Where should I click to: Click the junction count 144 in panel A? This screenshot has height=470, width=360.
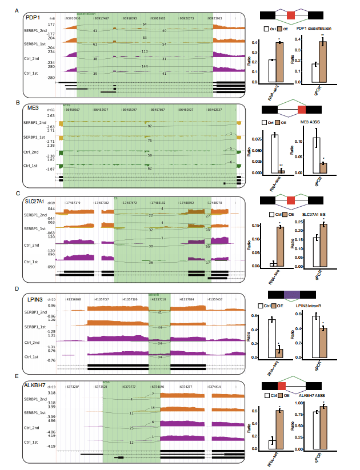click(x=145, y=67)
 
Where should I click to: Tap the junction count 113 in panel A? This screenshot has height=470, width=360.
click(x=145, y=51)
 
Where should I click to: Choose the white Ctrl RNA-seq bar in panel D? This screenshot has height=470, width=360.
click(x=273, y=338)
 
